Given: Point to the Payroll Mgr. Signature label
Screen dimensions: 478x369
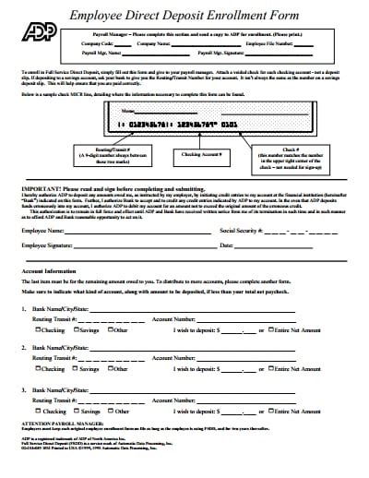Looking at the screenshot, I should click(x=270, y=54).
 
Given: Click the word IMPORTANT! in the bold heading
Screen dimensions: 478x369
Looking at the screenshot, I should click(x=40, y=185).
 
